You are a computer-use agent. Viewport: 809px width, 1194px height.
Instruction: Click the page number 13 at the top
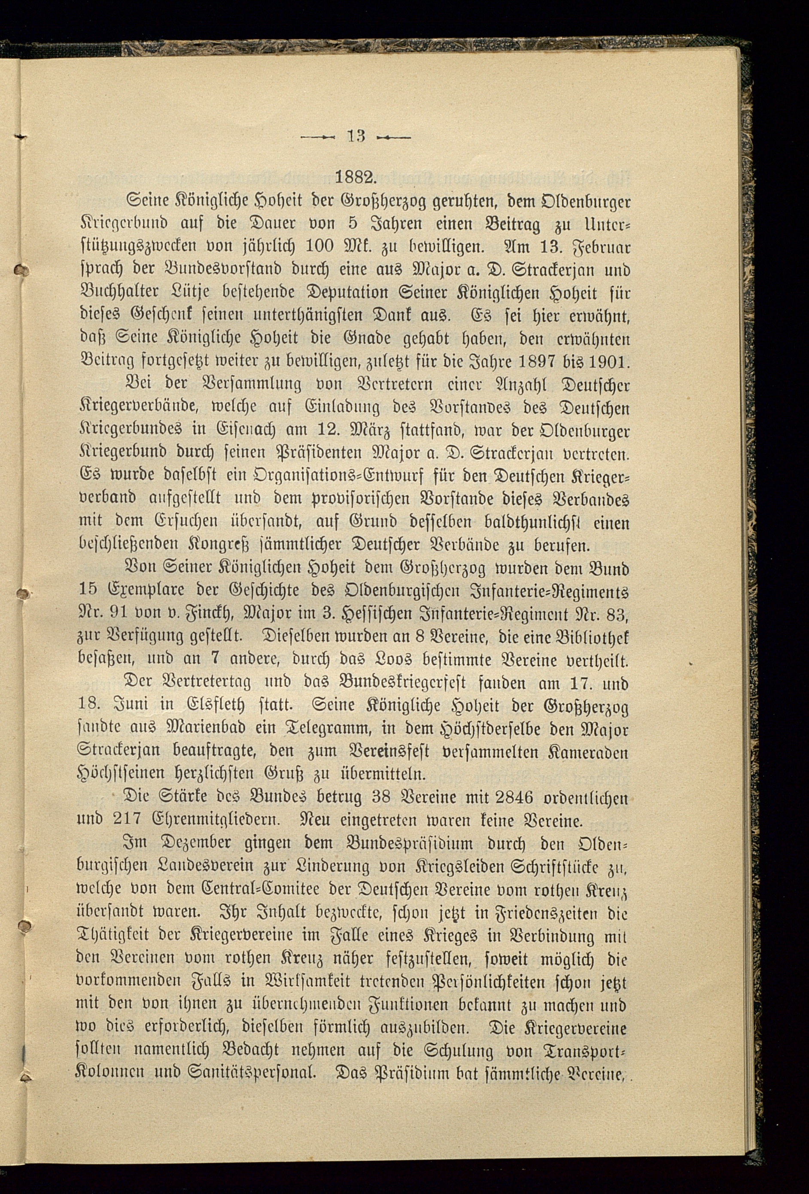pos(356,136)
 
